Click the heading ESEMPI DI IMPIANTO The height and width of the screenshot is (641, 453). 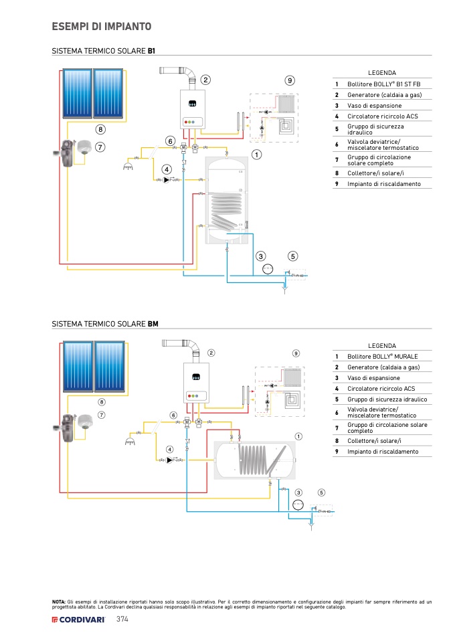click(x=101, y=27)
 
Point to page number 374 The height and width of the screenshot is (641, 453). click(x=122, y=620)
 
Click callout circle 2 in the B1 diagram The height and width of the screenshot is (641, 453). click(x=205, y=80)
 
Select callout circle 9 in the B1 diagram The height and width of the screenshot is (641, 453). click(x=290, y=80)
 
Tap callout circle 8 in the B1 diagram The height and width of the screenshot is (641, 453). click(x=100, y=129)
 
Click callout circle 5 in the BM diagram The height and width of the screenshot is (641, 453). click(x=321, y=492)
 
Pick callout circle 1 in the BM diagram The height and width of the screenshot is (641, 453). click(x=298, y=436)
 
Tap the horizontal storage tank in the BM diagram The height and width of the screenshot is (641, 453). click(x=254, y=460)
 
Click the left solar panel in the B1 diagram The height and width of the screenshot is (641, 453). click(x=77, y=93)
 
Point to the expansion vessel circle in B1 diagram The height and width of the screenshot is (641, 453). click(x=267, y=269)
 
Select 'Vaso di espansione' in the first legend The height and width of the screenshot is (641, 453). click(x=374, y=106)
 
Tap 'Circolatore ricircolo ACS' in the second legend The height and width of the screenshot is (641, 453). click(x=381, y=388)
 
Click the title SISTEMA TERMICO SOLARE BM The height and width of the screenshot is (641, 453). click(x=105, y=324)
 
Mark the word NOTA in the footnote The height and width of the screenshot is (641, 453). click(x=59, y=602)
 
